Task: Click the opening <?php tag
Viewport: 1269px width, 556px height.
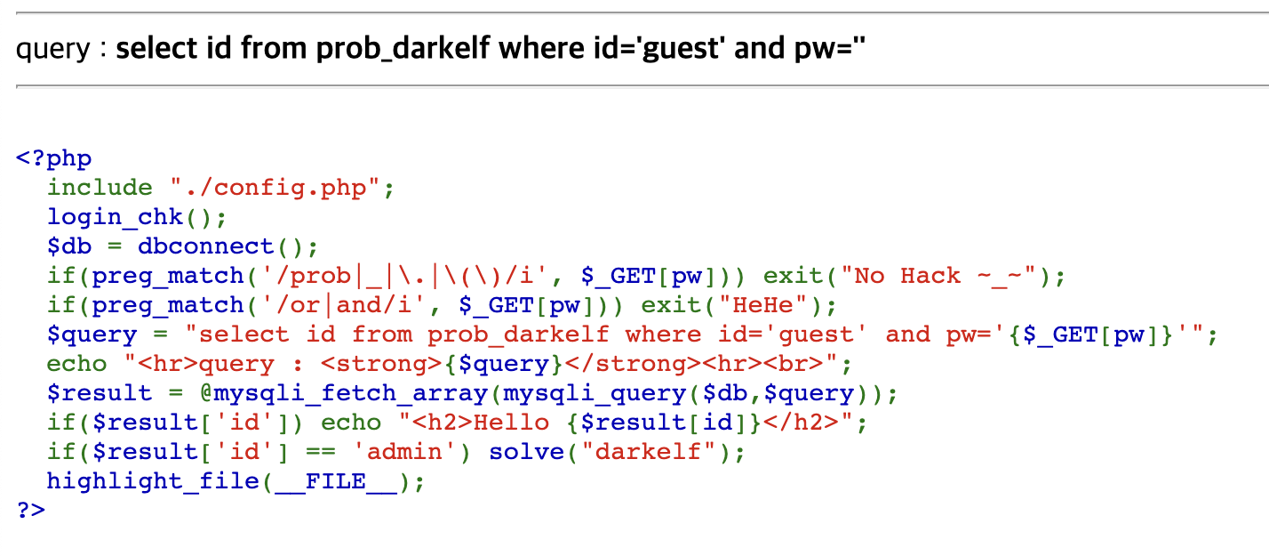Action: pos(53,158)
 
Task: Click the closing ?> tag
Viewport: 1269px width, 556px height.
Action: pos(30,510)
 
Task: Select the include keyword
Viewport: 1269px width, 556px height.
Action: pos(100,188)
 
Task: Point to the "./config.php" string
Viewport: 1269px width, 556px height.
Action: pos(275,188)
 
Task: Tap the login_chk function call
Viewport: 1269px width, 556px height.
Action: pos(115,217)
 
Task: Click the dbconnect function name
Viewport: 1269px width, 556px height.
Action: pos(212,246)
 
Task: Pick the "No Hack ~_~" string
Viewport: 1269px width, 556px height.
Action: pos(945,276)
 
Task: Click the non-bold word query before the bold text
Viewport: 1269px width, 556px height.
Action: pos(53,48)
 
